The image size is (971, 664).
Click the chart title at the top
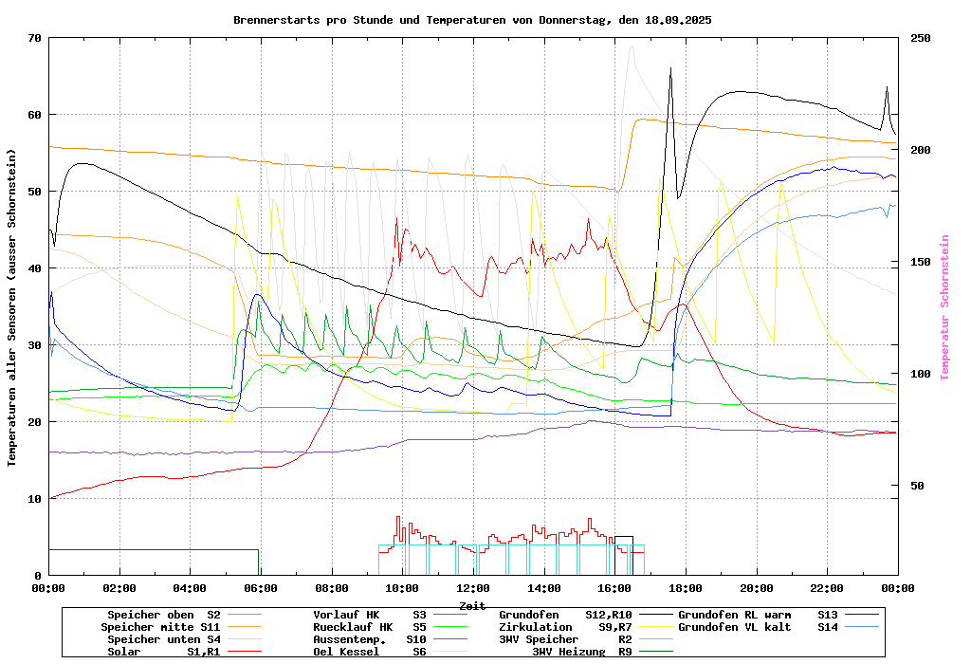(x=472, y=20)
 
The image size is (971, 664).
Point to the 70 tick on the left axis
(x=35, y=38)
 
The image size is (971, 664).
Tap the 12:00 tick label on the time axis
(x=472, y=589)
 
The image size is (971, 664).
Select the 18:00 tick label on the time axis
(x=685, y=589)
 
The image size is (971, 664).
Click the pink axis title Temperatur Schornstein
(x=944, y=307)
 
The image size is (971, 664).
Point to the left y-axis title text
(x=11, y=307)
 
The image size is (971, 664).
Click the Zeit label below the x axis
(x=472, y=605)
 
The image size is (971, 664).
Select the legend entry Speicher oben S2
(x=161, y=615)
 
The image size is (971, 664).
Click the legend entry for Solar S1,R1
(x=161, y=652)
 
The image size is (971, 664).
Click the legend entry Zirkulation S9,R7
(x=565, y=627)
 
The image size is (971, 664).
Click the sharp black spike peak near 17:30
(x=670, y=68)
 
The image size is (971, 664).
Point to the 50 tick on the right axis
(x=918, y=486)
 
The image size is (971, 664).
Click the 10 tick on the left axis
(x=35, y=499)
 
